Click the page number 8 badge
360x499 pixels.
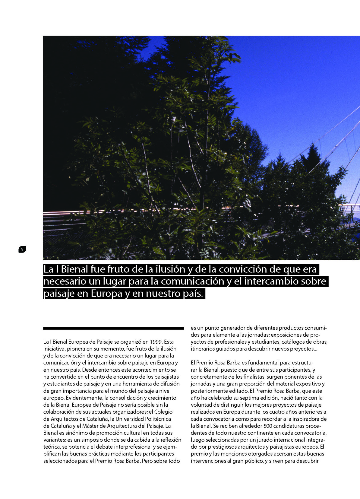(x=22, y=249)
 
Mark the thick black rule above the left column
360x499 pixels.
(x=113, y=328)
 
